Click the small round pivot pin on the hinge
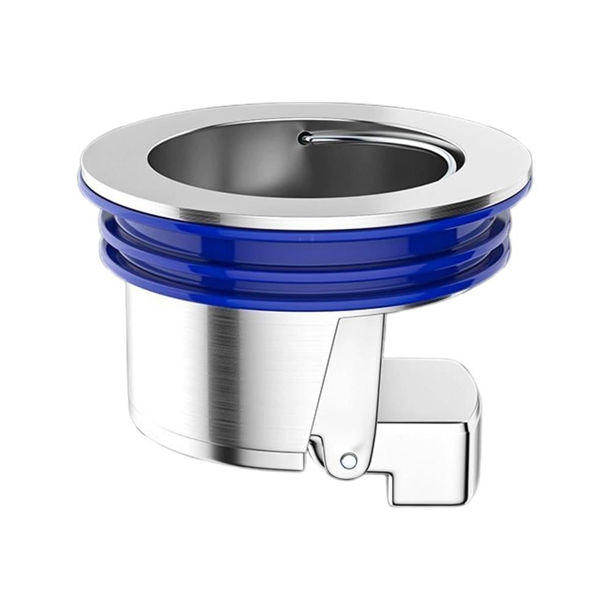pos(349,460)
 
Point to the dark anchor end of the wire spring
pos(303,139)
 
